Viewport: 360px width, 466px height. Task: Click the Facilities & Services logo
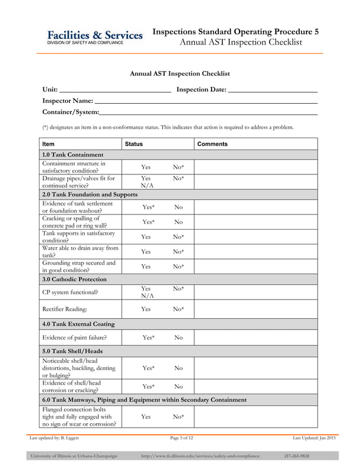click(94, 37)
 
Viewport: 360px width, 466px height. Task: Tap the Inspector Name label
click(68, 100)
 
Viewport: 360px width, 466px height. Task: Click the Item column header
click(49, 144)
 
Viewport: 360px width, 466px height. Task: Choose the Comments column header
click(213, 144)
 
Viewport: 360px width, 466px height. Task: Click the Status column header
click(134, 144)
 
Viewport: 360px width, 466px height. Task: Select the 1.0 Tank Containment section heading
click(73, 155)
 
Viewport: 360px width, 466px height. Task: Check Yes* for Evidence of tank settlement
click(148, 208)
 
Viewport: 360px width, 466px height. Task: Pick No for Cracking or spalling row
click(178, 222)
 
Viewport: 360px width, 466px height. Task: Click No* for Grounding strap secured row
click(179, 266)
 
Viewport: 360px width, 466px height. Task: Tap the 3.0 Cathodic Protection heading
click(74, 279)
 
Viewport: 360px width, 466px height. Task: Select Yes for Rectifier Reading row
click(146, 309)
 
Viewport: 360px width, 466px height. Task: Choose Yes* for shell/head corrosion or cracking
click(148, 386)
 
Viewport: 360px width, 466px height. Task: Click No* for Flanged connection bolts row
click(179, 416)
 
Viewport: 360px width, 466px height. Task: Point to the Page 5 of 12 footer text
click(181, 438)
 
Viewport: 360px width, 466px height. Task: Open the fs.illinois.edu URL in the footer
click(200, 456)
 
